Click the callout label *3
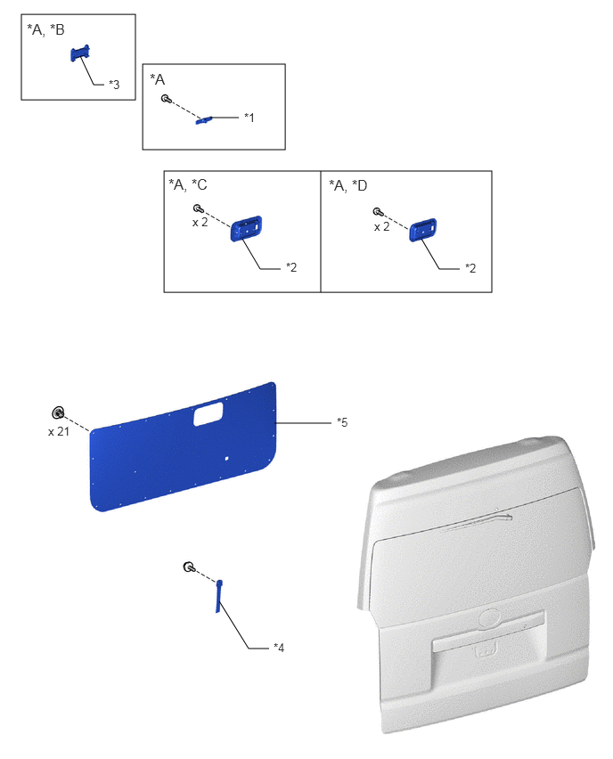point(114,85)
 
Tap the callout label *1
point(249,117)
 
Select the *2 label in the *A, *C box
point(291,267)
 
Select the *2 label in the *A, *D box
point(470,268)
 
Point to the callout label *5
point(342,422)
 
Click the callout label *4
point(279,647)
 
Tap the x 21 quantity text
point(59,432)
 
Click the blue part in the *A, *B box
point(80,53)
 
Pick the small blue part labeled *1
point(204,120)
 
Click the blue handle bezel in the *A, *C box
point(246,228)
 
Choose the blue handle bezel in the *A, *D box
point(422,230)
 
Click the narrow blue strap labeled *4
point(219,596)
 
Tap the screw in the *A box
point(166,99)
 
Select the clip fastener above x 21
point(58,412)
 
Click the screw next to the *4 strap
point(189,567)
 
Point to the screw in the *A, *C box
point(198,208)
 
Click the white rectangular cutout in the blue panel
point(208,414)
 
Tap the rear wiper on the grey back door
point(477,523)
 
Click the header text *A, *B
point(45,30)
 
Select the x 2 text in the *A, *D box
point(381,226)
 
